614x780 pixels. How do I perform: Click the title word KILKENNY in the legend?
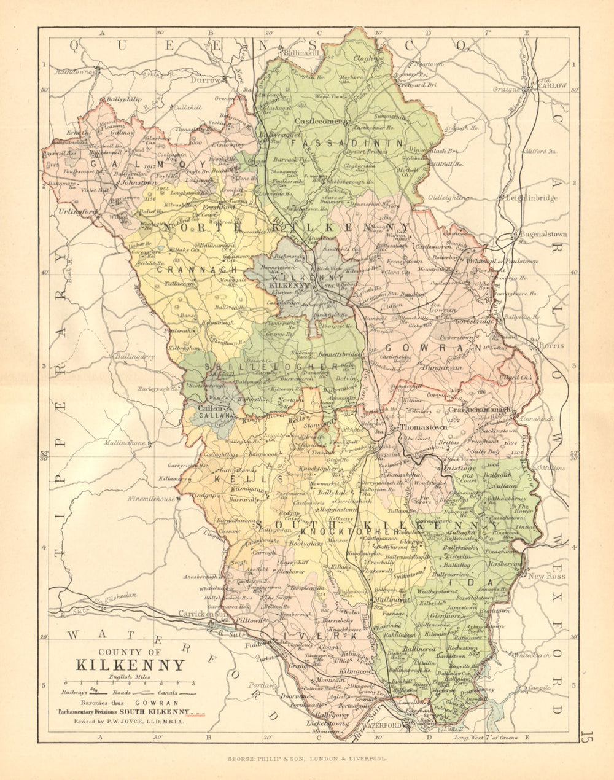click(x=130, y=665)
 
